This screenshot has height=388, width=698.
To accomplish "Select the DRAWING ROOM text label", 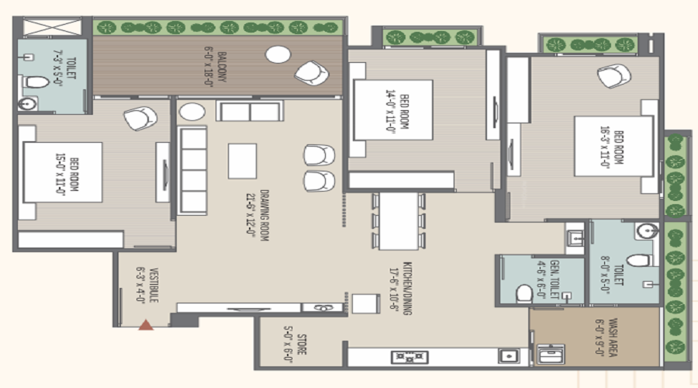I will pyautogui.click(x=257, y=215).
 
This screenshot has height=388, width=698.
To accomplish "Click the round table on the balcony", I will pyautogui.click(x=278, y=54).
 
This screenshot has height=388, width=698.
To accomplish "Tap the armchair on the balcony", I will pyautogui.click(x=311, y=73).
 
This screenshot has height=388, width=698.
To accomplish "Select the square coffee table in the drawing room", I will pyautogui.click(x=242, y=161).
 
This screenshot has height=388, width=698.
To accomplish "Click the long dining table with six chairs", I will pyautogui.click(x=398, y=220).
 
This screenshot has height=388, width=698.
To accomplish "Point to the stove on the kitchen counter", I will pyautogui.click(x=409, y=357).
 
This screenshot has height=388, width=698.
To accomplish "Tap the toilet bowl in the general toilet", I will pyautogui.click(x=524, y=293).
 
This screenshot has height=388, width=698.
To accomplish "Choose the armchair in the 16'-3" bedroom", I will pyautogui.click(x=614, y=76).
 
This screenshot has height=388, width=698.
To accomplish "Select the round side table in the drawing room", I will pyautogui.click(x=192, y=111).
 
